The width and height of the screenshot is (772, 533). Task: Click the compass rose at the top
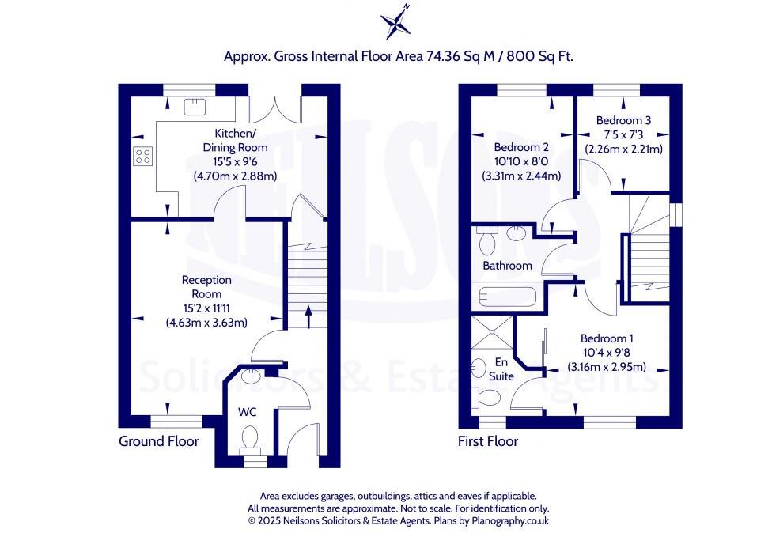395,22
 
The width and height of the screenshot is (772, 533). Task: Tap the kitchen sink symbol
195,106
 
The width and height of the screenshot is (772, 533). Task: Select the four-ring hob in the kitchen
142,157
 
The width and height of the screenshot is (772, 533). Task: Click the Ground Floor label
158,441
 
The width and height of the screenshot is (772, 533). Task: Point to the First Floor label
488,441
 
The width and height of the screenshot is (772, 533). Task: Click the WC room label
247,411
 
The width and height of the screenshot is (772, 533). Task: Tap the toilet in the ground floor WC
250,441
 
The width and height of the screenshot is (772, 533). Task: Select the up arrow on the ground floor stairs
308,317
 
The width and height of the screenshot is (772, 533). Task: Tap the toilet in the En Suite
485,397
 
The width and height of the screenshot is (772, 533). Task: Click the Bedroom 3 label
623,120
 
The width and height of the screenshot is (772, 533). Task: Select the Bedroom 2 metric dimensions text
521,176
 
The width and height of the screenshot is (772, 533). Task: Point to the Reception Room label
206,287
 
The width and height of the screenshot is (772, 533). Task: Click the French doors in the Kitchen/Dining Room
274,109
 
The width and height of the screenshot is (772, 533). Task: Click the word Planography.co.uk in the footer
510,520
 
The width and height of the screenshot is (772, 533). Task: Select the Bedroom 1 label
607,338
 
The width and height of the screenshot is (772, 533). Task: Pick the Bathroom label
507,266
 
